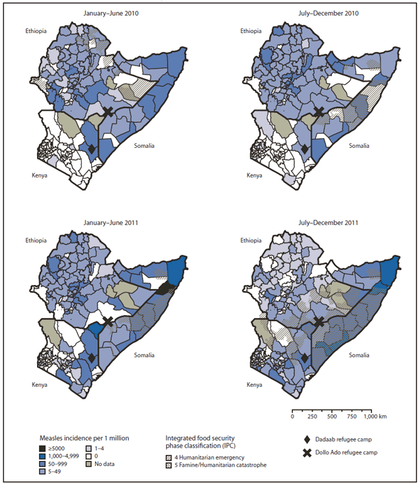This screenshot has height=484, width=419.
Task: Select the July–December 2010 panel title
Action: tap(318, 14)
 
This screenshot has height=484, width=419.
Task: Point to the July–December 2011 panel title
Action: tap(318, 222)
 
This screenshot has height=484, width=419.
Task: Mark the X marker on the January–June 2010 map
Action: tap(108, 111)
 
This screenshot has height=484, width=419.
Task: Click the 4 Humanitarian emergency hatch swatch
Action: tap(169, 457)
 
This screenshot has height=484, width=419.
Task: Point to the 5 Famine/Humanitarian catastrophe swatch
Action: tap(169, 466)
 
